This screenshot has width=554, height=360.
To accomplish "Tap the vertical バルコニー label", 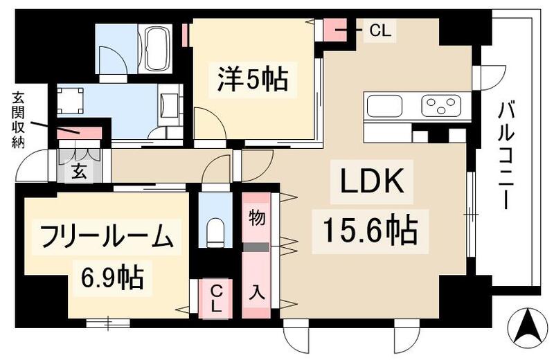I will click(508, 155).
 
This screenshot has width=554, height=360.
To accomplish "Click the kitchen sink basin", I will click(385, 107).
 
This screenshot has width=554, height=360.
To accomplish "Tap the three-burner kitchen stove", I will click(440, 106).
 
